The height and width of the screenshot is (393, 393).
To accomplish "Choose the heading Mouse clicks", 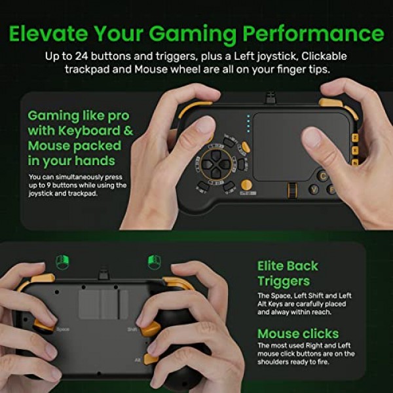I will (x=298, y=333).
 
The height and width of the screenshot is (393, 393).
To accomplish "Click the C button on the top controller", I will (x=323, y=175).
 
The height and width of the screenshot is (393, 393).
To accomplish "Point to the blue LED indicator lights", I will (x=248, y=124).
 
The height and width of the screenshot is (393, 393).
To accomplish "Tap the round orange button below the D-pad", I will (x=246, y=185).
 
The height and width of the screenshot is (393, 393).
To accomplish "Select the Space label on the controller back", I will (x=63, y=329).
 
